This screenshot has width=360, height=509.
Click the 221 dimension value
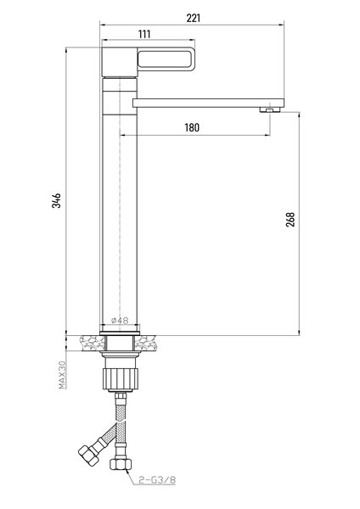pos(194,18)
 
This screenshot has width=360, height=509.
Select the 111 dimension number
pos(144,34)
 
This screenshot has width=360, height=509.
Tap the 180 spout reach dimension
pos(192,127)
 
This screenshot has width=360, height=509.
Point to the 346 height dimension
pos(57,200)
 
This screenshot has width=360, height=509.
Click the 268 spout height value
pos(290,219)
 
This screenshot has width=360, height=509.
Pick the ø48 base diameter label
pos(120,321)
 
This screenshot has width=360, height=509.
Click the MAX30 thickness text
pos(62,375)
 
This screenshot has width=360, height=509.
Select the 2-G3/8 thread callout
pos(157,480)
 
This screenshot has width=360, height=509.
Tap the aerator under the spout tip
pos(270,109)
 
